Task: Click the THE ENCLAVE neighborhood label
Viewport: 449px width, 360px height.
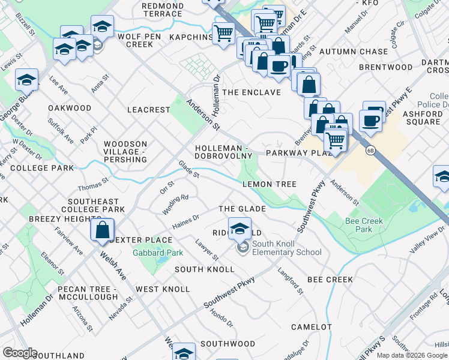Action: pos(252,92)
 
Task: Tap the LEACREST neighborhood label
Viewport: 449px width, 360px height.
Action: pos(149,110)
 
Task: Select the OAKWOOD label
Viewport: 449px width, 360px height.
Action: pos(70,109)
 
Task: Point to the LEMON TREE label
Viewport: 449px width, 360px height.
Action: pos(269,184)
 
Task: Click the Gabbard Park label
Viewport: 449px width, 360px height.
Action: pos(158,253)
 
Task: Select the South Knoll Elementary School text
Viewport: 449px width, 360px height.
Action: pos(287,248)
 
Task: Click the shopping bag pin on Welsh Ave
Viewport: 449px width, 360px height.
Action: pos(102,229)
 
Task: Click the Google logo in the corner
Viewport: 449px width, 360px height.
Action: pos(20,353)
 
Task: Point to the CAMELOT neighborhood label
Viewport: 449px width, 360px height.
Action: pos(311,327)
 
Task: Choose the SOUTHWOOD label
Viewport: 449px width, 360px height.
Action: pos(228,344)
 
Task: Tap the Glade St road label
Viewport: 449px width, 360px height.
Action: pos(188,169)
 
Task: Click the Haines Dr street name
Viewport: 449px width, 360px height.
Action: pos(185,221)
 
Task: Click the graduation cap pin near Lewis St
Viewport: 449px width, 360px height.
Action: pos(26,79)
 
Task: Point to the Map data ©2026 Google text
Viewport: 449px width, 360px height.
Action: pos(411,355)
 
